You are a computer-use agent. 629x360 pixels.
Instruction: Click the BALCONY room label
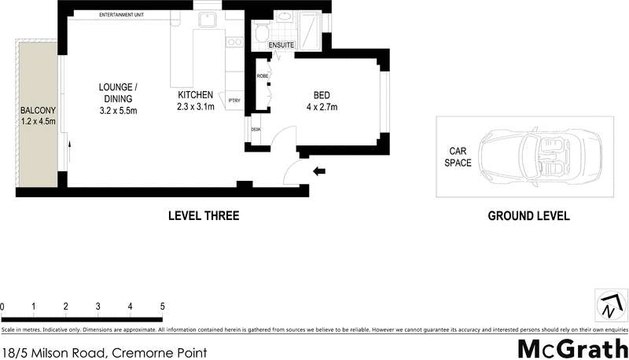(38, 111)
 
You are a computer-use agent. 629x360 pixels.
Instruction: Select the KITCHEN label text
(196, 94)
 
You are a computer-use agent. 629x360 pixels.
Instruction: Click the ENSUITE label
(281, 46)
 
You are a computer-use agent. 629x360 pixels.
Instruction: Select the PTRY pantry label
(234, 101)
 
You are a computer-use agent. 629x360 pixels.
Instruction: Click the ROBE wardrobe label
(262, 76)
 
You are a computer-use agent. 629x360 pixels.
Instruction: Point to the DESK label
(256, 129)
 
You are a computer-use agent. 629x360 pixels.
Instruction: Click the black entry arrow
(318, 171)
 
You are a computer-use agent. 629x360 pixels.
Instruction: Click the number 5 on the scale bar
(162, 307)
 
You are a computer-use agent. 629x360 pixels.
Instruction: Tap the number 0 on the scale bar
(3, 307)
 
